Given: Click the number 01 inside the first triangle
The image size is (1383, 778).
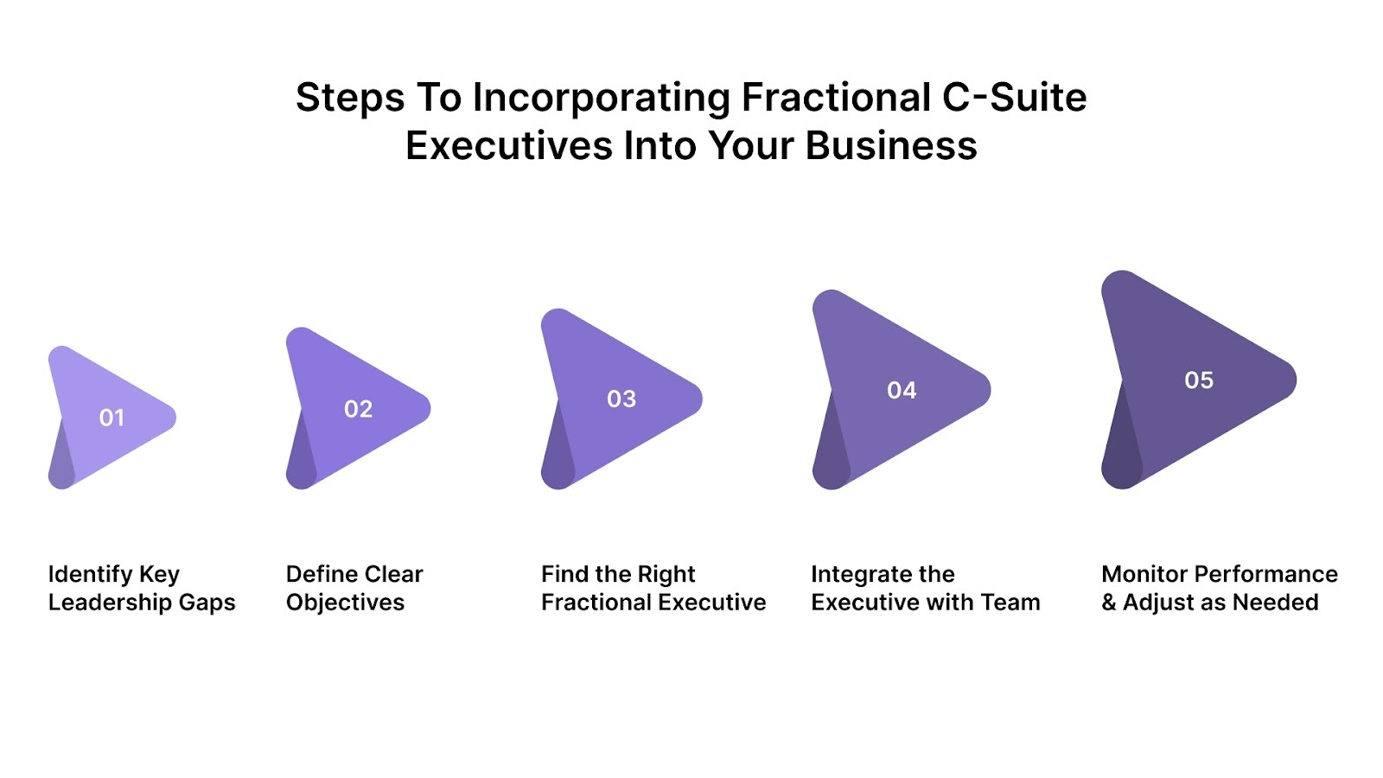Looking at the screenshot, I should [112, 418].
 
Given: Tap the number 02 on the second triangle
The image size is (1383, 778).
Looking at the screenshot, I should [358, 409].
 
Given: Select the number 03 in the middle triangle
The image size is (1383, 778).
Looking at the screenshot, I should [621, 399].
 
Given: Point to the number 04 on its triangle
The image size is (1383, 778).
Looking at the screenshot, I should [902, 391].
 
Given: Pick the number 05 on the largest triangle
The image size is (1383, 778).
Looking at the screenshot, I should [1199, 380].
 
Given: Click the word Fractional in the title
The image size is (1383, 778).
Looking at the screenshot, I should [836, 98].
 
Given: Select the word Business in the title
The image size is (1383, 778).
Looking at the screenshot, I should [891, 145].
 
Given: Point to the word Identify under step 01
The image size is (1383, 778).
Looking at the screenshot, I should [90, 575].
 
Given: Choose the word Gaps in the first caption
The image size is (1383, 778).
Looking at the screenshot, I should [207, 603].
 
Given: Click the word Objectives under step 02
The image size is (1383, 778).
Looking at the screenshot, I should [345, 603].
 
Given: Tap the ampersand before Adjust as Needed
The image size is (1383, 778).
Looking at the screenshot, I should [1109, 603].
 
